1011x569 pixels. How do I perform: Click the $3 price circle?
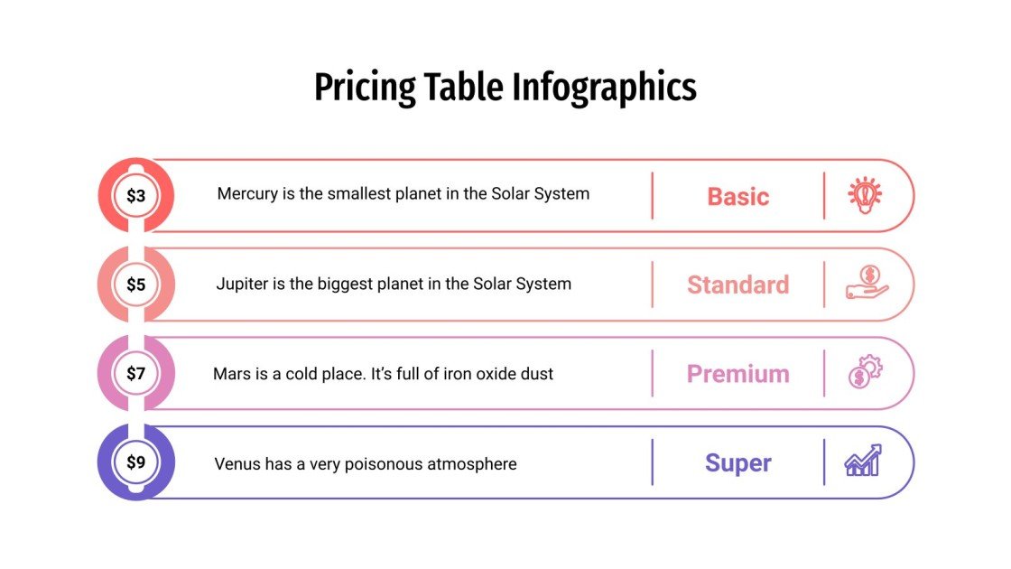(x=135, y=195)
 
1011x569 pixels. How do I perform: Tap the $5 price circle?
(x=135, y=284)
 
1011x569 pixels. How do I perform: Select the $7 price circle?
(x=135, y=373)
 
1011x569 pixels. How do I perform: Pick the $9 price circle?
(x=135, y=462)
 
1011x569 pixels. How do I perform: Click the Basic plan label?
(x=737, y=196)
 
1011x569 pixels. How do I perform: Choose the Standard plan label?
(x=737, y=284)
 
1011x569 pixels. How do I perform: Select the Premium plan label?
(x=737, y=374)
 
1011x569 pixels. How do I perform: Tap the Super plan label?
(x=737, y=463)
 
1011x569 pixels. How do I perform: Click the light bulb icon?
(x=865, y=195)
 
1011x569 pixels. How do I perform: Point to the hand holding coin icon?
(x=866, y=283)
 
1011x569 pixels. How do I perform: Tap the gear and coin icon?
(x=865, y=372)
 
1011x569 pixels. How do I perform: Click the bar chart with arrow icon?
(x=863, y=461)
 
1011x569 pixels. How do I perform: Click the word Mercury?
(x=247, y=193)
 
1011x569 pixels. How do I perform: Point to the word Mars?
(x=230, y=373)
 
